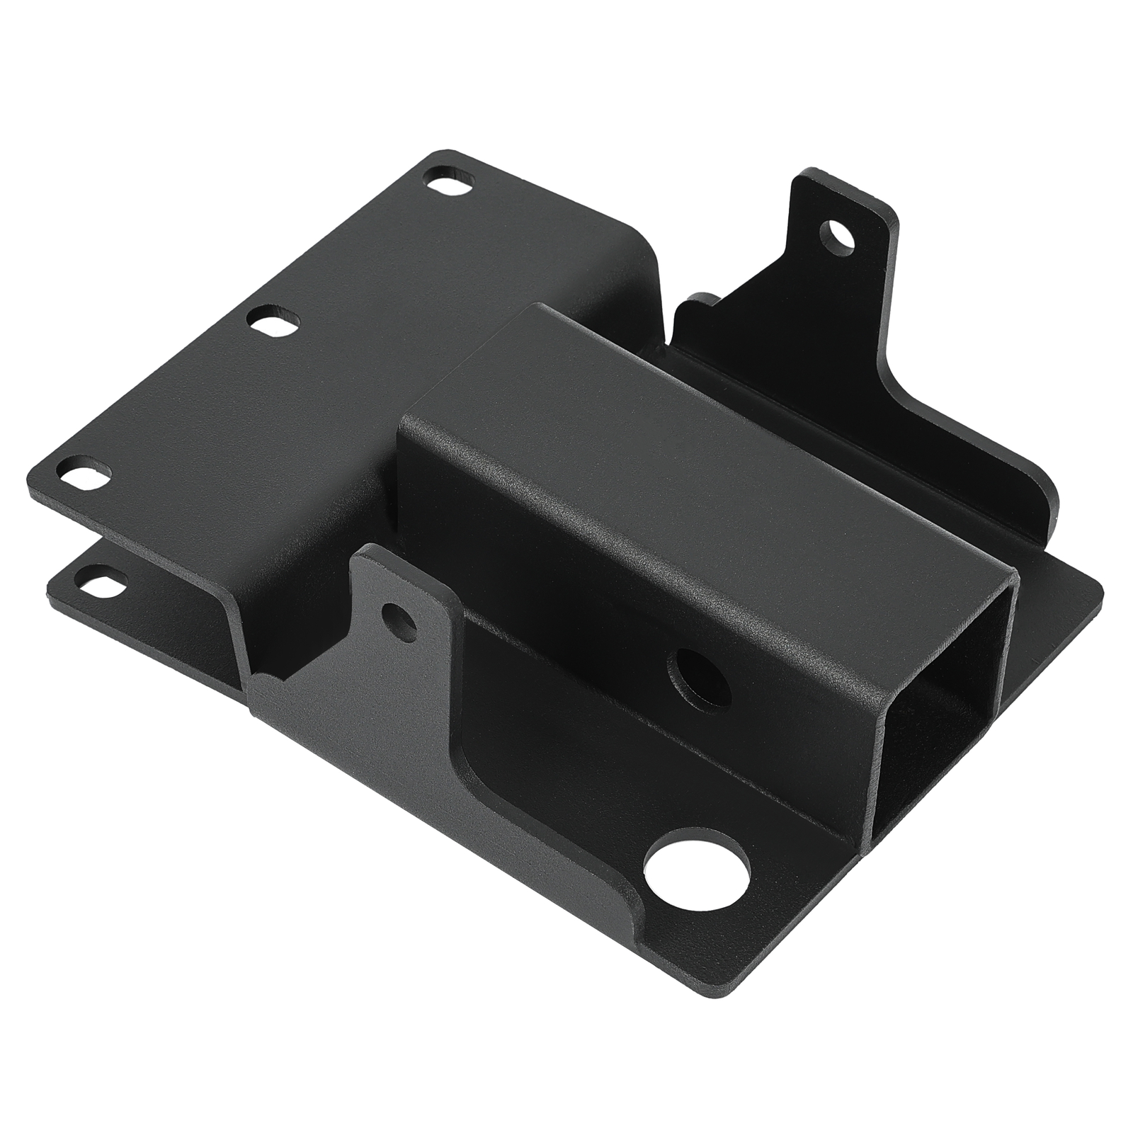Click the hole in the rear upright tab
(837, 234)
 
